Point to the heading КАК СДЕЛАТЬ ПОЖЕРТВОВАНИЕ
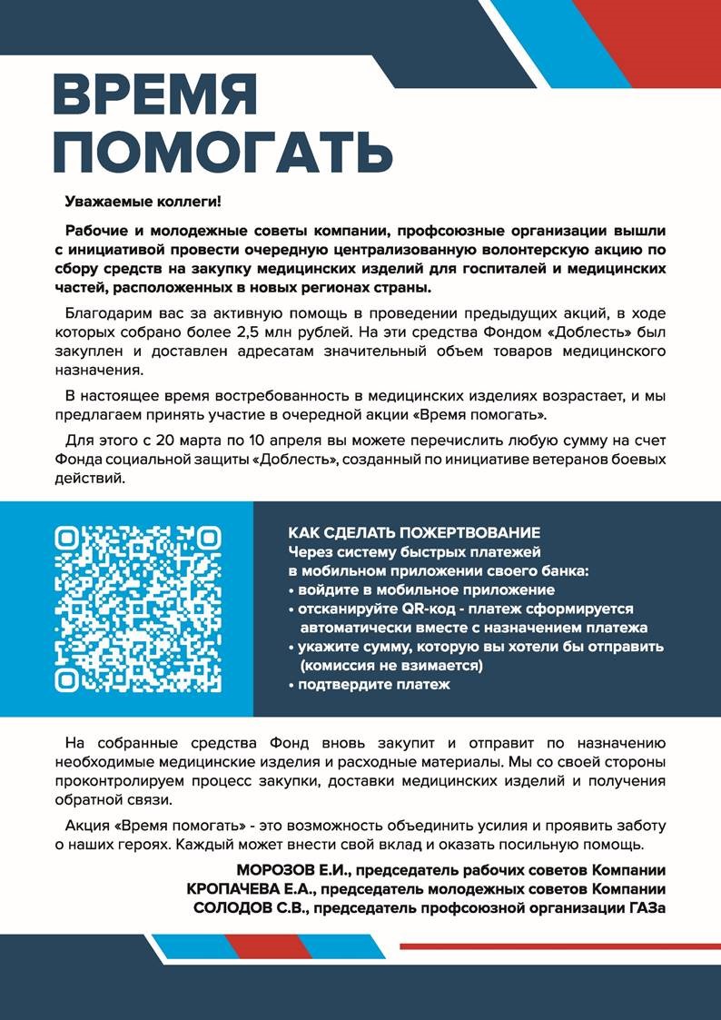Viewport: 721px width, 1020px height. (414, 532)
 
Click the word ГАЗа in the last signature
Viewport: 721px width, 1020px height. (643, 906)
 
